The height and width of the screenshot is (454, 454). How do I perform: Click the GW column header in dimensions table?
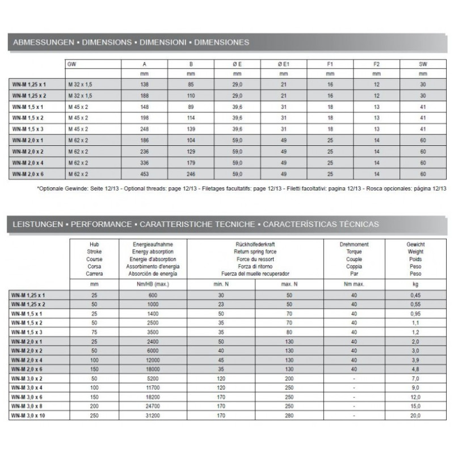(x=72, y=64)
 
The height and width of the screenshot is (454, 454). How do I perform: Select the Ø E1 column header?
(x=283, y=64)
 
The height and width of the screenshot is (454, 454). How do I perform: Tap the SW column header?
(x=422, y=64)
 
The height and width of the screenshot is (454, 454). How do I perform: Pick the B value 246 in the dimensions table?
(x=191, y=174)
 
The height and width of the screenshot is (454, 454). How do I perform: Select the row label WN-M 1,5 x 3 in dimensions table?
(x=28, y=129)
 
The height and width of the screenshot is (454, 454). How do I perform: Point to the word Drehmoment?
(x=354, y=244)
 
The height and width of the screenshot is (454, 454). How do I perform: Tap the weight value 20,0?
(x=415, y=415)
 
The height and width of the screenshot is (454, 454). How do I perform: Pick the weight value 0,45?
(x=415, y=295)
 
